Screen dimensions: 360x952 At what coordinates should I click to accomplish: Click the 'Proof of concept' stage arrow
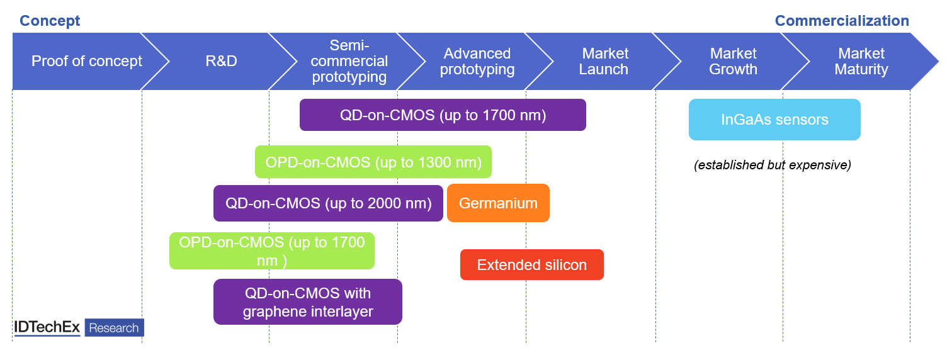coord(87,61)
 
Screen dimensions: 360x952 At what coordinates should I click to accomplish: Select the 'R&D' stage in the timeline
coord(221,61)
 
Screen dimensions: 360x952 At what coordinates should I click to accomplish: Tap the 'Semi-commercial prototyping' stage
coord(349,61)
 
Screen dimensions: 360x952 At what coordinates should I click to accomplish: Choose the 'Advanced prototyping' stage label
coord(477,61)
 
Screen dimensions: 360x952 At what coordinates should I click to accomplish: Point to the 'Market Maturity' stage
coord(861,61)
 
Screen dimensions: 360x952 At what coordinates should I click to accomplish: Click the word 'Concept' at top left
coord(50,21)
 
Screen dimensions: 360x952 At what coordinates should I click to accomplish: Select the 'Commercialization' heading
coord(841,21)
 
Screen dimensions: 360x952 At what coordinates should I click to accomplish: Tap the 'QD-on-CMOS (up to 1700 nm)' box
coord(443,115)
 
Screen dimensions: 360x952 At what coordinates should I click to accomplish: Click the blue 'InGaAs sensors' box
coord(774,120)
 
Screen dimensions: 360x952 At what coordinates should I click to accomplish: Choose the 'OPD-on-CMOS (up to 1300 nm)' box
coord(373,162)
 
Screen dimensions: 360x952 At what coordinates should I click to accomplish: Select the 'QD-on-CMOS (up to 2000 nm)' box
coord(328,203)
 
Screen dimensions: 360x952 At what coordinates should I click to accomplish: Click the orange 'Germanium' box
coord(498,203)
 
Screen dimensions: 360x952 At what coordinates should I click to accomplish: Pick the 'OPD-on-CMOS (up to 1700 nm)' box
coord(272,250)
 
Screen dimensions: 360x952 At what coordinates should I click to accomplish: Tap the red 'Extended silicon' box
coord(532,265)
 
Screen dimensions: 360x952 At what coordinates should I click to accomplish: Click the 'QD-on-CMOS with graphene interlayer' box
coord(308,302)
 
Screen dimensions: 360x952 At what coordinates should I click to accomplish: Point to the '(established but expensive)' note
coord(773,166)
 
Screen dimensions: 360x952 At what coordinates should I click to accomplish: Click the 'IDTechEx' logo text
coord(47,328)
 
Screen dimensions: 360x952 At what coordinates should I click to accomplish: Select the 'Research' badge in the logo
coord(114,328)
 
